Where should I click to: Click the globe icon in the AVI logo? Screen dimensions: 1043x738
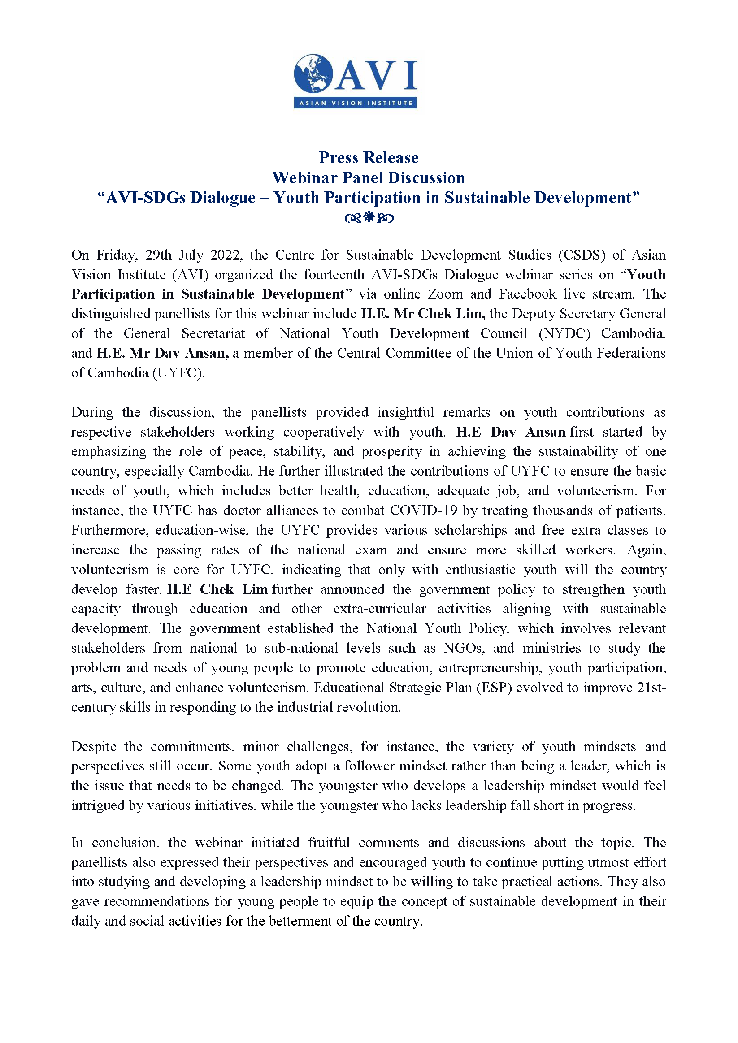point(313,74)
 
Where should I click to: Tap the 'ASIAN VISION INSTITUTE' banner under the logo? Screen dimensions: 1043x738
point(356,103)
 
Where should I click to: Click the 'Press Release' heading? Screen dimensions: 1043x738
point(369,157)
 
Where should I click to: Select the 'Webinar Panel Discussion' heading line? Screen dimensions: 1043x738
point(369,177)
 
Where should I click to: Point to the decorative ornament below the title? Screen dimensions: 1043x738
point(369,218)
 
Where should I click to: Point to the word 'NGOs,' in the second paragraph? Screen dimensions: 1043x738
point(465,648)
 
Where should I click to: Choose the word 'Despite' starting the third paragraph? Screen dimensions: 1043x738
point(95,747)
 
